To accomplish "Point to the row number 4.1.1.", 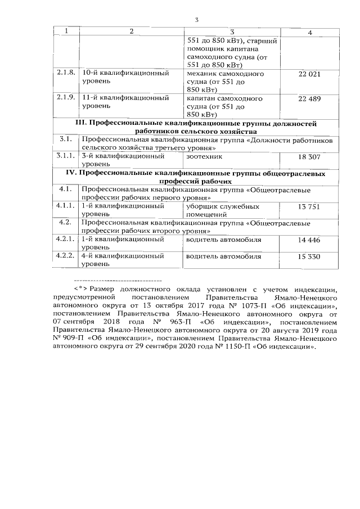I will click(66, 206).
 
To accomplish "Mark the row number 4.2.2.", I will click(66, 256).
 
